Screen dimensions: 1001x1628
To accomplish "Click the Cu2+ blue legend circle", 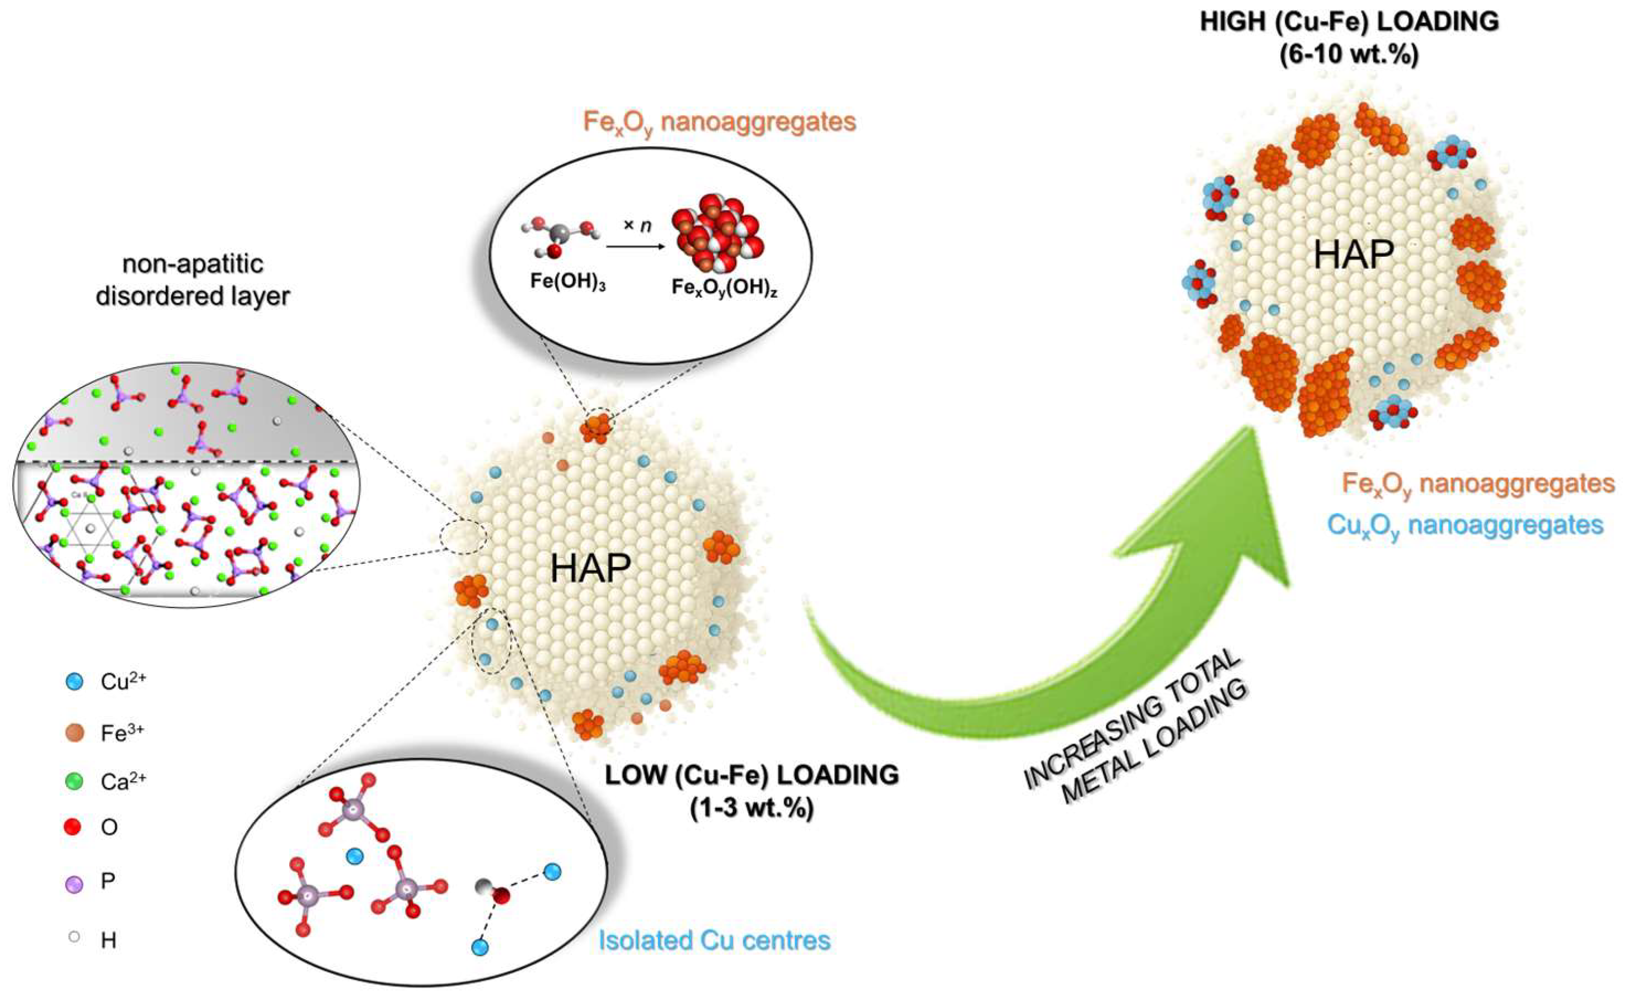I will (x=75, y=682).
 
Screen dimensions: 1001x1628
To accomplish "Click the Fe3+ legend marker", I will (x=75, y=733).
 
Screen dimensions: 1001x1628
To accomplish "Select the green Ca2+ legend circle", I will (x=75, y=781).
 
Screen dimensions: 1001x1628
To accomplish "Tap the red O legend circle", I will (x=73, y=827).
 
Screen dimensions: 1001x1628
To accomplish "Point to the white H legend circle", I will (x=74, y=938).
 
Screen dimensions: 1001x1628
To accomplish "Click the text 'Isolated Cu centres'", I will (x=715, y=940).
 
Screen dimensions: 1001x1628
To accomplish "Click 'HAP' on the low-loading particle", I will (x=590, y=568).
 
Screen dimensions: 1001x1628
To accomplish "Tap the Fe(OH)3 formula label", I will (x=567, y=282).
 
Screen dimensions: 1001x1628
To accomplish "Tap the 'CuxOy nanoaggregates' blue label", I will (x=1465, y=526).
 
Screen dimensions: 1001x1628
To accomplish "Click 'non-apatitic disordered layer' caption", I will (x=193, y=279).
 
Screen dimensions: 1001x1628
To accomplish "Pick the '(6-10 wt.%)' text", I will (x=1349, y=54).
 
